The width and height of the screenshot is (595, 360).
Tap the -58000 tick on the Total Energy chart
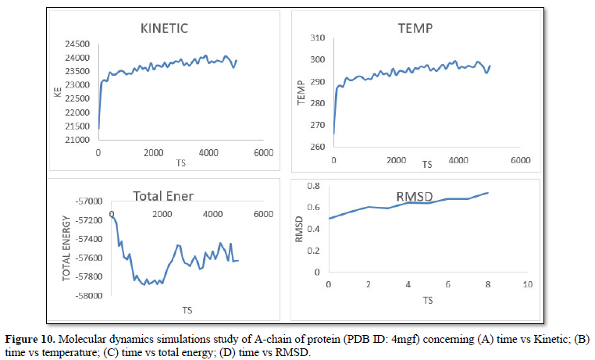pyautogui.click(x=89, y=295)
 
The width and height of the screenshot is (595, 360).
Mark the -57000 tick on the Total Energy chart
pyautogui.click(x=89, y=201)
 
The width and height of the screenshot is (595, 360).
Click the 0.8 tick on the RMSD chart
pyautogui.click(x=313, y=186)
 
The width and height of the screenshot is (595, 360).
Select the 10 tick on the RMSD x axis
pyautogui.click(x=527, y=284)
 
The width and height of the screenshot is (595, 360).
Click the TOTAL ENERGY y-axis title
pyautogui.click(x=67, y=248)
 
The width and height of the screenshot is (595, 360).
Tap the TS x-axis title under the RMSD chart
pyautogui.click(x=427, y=300)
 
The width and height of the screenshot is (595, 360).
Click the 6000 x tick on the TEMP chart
pyautogui.click(x=521, y=160)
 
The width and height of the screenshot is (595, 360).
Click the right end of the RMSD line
pyautogui.click(x=487, y=192)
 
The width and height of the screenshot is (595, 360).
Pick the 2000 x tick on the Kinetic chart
pyautogui.click(x=153, y=152)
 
